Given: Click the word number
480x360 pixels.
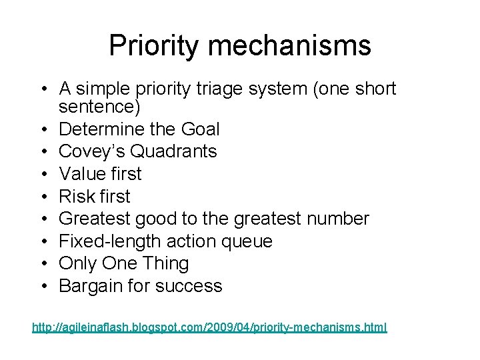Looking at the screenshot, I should click(341, 219).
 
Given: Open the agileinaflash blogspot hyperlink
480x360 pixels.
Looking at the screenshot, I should click(209, 327).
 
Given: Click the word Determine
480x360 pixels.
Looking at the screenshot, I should click(100, 129).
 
